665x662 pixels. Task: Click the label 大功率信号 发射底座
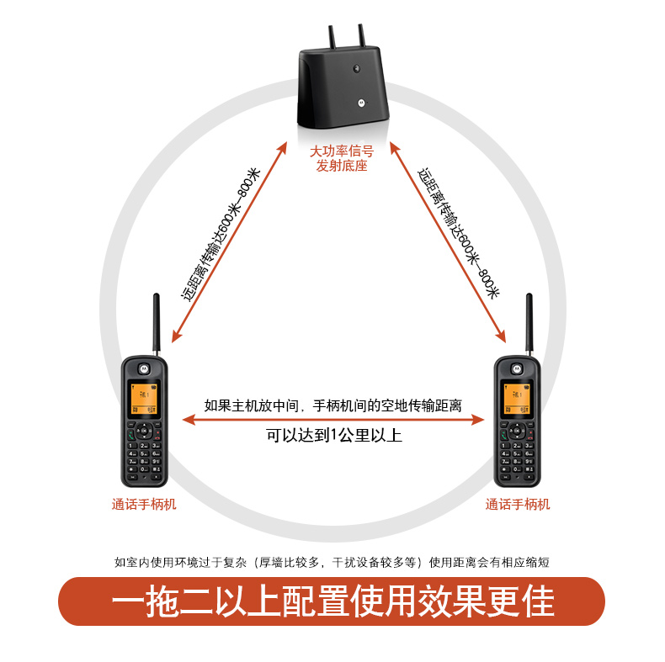[341, 158]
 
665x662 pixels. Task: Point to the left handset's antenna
[156, 324]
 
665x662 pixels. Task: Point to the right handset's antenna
[529, 324]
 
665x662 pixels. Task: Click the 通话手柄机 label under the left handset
[144, 505]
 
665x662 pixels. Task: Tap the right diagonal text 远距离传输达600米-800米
[460, 234]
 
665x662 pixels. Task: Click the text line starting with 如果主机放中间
[333, 405]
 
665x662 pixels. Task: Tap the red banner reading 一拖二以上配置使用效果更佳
[332, 602]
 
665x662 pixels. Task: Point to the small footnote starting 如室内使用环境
[332, 561]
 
